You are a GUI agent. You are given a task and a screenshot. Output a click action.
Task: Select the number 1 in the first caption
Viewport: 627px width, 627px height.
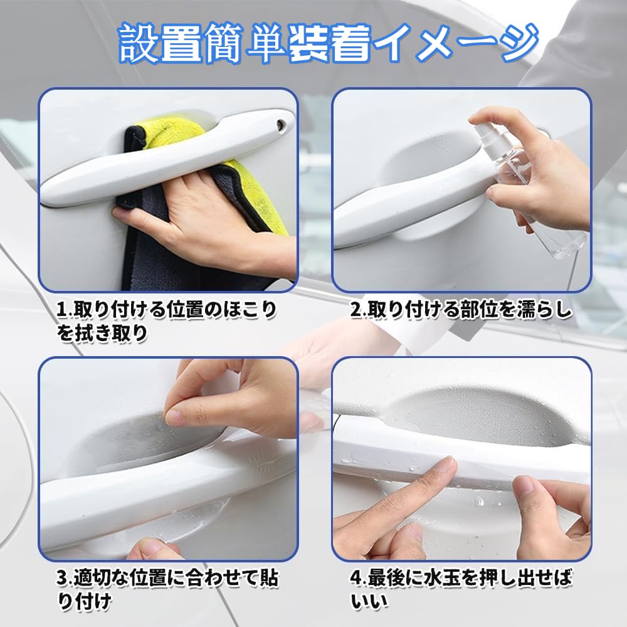coord(61,310)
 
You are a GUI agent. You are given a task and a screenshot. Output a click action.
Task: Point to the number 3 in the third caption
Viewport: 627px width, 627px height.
coord(62,578)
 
